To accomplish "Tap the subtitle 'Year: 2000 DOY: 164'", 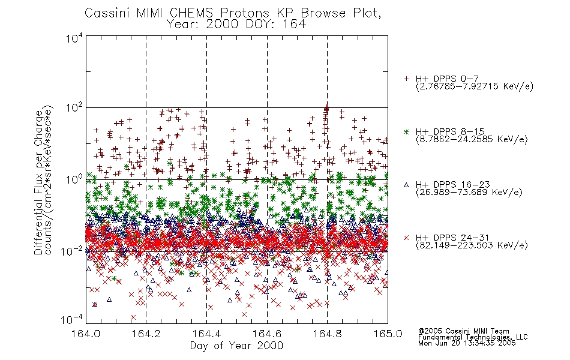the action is point(236,25).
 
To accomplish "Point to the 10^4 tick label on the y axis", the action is point(74,38).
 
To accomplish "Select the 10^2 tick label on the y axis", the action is point(74,108).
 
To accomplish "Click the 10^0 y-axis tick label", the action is point(74,179).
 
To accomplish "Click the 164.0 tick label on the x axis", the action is point(86,334).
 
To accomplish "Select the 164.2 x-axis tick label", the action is point(146,334).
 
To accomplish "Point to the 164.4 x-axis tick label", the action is point(206,334).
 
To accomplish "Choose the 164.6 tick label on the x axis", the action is point(267,334).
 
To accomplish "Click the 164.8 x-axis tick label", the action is point(327,334).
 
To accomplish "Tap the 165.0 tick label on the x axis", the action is point(388,334).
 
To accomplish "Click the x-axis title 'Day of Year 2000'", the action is point(236,346).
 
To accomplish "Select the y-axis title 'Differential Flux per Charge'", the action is point(38,182).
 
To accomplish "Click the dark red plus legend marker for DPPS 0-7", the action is point(406,79).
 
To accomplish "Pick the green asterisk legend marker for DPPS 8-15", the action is point(406,131).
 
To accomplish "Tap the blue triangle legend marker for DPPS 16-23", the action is point(406,185).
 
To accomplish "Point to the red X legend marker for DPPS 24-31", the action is point(406,238).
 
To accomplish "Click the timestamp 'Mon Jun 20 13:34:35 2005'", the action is point(467,343).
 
